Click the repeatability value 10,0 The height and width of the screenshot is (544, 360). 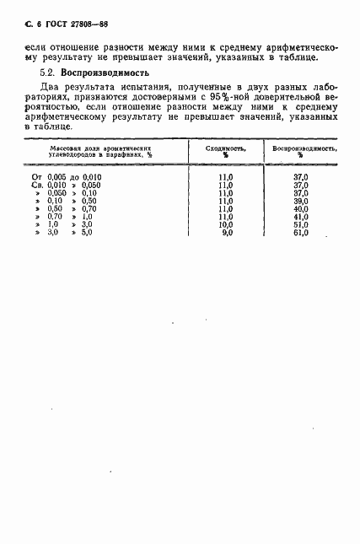click(224, 249)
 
